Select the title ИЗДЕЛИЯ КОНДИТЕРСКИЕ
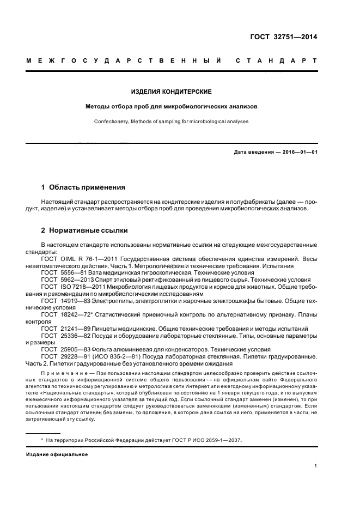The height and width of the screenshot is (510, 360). click(180, 92)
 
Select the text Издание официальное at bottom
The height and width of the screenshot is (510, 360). click(57, 453)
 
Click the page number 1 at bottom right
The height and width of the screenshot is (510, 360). click(315, 466)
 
